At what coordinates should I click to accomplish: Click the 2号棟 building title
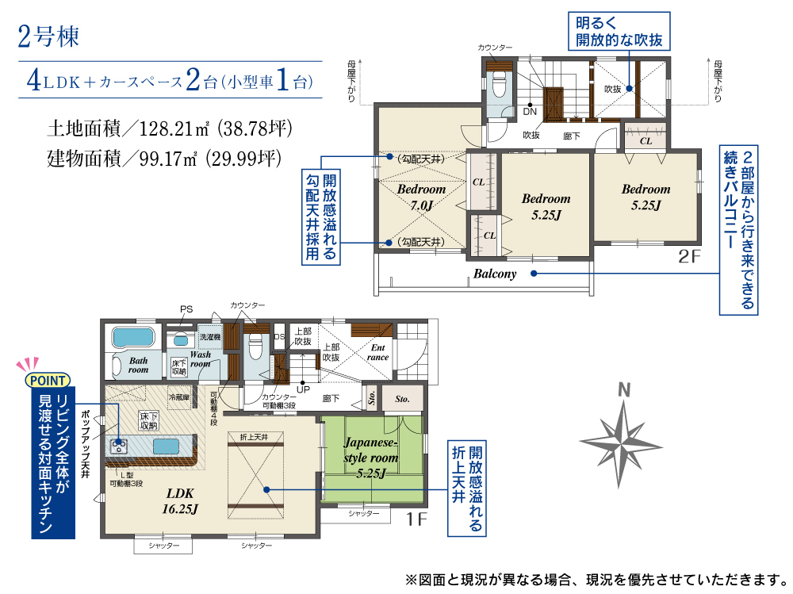pos(48,36)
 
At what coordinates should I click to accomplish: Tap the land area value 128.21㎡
pos(174,128)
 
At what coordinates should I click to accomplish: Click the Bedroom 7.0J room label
pos(421,197)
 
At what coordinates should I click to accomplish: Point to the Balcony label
pos(495,274)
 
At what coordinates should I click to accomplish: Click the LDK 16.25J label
pos(180,501)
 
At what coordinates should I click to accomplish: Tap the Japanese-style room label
pos(370,458)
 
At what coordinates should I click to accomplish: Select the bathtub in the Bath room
pos(133,338)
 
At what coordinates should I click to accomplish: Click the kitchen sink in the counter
pos(167,446)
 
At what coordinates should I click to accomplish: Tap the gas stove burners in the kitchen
pos(120,446)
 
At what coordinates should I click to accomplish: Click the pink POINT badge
pos(48,381)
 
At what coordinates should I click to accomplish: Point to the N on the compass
pos(624,390)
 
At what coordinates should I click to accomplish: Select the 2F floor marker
pos(689,256)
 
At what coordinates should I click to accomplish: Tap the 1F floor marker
pos(417,519)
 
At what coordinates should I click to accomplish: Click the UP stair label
pos(303,389)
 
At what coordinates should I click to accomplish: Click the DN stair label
pos(530,111)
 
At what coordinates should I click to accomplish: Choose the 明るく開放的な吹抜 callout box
pos(619,32)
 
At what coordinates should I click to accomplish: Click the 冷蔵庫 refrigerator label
pos(179,397)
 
